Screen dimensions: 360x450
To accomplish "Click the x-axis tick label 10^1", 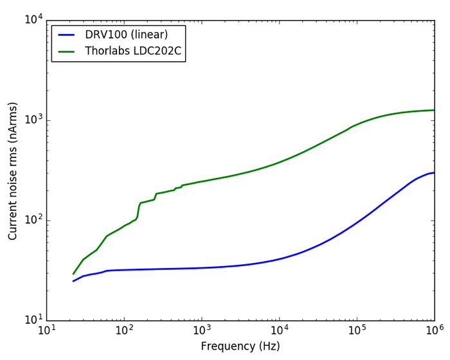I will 46,330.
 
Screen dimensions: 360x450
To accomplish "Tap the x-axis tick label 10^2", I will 123,330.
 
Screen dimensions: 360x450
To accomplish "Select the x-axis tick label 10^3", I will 201,330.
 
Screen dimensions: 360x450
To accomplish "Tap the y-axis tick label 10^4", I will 33,20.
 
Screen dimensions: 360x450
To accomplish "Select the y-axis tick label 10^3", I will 33,120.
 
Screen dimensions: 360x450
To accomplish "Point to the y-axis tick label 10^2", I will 33,221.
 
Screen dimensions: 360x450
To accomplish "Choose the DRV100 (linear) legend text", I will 126,35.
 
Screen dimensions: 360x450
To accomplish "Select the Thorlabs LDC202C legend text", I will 133,51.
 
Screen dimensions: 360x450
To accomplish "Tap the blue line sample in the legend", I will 66,35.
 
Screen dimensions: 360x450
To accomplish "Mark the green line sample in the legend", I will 66,51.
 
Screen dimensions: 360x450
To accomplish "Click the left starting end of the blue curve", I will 73,281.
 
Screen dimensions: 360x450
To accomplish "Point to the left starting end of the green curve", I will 73,274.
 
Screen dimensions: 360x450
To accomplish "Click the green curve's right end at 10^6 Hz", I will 434,110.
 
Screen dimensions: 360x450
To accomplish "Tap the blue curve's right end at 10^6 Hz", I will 434,172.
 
